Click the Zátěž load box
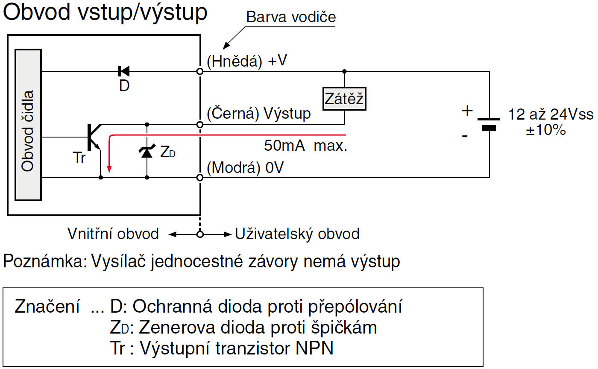[x=344, y=100]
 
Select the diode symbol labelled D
[x=124, y=71]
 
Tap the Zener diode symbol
[x=147, y=152]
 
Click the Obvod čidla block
[x=28, y=124]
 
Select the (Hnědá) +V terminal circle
[x=199, y=71]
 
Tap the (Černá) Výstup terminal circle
[x=199, y=124]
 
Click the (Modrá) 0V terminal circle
[x=199, y=177]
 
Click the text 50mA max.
[x=305, y=146]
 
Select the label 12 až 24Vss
[x=550, y=115]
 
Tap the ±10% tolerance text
[x=546, y=130]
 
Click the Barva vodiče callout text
[x=291, y=17]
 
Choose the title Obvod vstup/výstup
[x=105, y=13]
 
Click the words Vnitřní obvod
[x=113, y=234]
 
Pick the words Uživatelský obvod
[x=297, y=234]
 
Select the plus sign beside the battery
[x=467, y=111]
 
